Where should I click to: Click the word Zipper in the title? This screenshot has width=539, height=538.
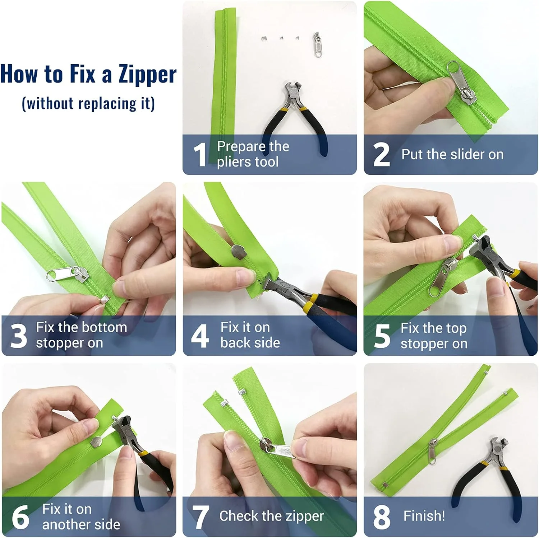click(x=147, y=75)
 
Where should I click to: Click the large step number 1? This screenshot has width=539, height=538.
click(x=199, y=154)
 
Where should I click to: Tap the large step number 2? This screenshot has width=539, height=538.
click(x=382, y=155)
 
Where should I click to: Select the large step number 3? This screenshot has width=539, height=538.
click(x=19, y=336)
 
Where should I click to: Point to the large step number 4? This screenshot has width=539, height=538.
click(x=200, y=336)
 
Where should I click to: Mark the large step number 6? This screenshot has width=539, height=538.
click(x=20, y=517)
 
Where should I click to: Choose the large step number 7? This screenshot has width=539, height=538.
click(x=200, y=517)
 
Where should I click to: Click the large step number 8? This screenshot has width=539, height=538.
click(x=382, y=517)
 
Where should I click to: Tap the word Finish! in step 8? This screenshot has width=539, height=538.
click(x=424, y=516)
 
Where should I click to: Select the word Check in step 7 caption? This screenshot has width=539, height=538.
click(x=240, y=516)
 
